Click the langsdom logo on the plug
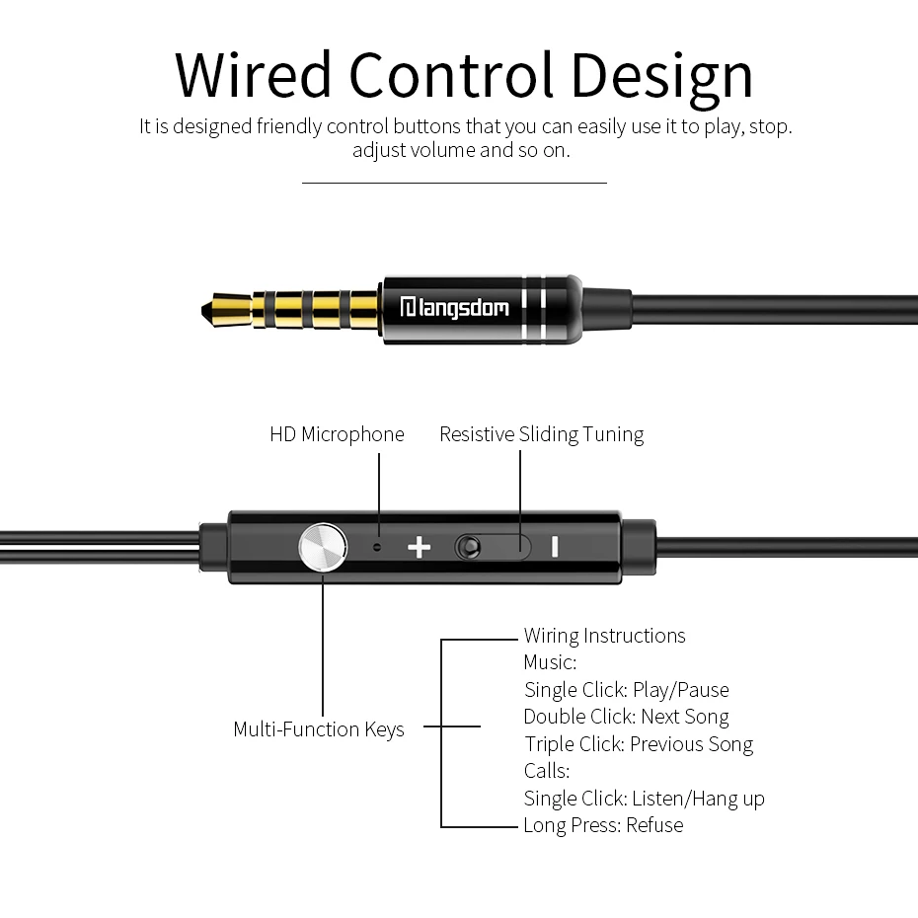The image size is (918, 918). coord(454,308)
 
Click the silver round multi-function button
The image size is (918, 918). coord(322,546)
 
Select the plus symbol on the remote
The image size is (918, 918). coord(420,546)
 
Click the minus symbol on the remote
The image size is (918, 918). coord(555,546)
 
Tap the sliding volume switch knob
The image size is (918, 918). coord(471,546)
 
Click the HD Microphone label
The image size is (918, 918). coord(337,434)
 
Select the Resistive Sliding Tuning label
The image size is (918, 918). coord(541,434)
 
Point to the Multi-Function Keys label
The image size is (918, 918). coord(319,729)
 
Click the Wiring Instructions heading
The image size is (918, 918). coord(604,636)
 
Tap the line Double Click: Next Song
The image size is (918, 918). coord(626,717)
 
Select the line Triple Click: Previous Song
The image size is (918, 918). coord(638,744)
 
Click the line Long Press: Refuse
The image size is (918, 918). coord(603,825)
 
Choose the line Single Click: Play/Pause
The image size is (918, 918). coord(626,690)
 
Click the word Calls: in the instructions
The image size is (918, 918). coord(547,771)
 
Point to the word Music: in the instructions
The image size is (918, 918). coord(550,662)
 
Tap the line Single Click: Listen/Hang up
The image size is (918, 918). coord(644,799)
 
